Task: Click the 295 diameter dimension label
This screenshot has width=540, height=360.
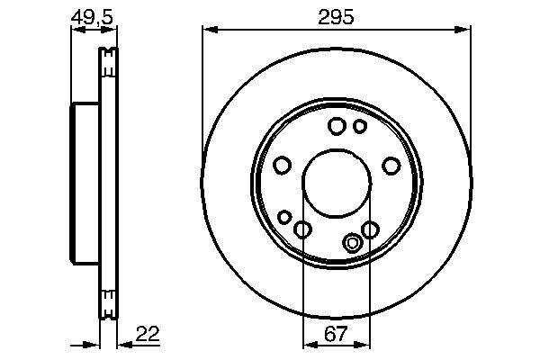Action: pos(336,17)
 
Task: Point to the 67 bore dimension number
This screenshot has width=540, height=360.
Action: pos(336,334)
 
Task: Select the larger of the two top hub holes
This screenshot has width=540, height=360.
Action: pos(337,126)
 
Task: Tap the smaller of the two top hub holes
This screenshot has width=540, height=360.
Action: pos(359,126)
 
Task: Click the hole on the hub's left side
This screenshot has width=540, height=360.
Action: pos(281,166)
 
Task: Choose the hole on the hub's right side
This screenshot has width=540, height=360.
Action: pos(391,166)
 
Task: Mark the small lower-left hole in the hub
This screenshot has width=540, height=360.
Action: pos(285,217)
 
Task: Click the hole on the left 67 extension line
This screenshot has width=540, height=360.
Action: pos(303,230)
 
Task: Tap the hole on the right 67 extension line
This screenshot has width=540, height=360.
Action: pos(369,230)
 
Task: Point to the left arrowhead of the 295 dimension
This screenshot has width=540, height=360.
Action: pos(207,30)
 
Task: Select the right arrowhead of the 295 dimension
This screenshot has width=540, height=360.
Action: pos(465,30)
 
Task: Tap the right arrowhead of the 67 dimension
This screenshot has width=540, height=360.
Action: pos(364,344)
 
